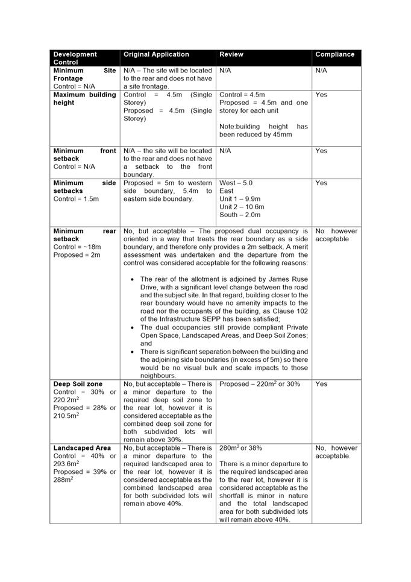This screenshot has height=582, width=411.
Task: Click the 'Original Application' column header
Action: click(x=156, y=54)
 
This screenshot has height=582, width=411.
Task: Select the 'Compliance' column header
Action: click(x=334, y=54)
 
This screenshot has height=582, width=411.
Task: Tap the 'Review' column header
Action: click(x=231, y=54)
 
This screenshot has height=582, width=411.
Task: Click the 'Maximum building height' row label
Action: click(x=84, y=99)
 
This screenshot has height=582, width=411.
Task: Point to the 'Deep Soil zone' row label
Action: click(x=78, y=384)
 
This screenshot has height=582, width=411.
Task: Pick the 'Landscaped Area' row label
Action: click(x=82, y=448)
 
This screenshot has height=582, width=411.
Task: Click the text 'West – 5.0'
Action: click(x=236, y=183)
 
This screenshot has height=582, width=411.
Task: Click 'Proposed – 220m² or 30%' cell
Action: click(x=260, y=384)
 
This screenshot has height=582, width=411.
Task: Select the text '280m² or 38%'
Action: click(x=240, y=448)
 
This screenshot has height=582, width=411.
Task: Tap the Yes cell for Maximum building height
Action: click(x=321, y=95)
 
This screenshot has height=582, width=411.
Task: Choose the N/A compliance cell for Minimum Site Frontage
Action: click(x=321, y=71)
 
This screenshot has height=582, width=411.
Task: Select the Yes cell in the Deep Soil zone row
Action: click(x=321, y=384)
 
